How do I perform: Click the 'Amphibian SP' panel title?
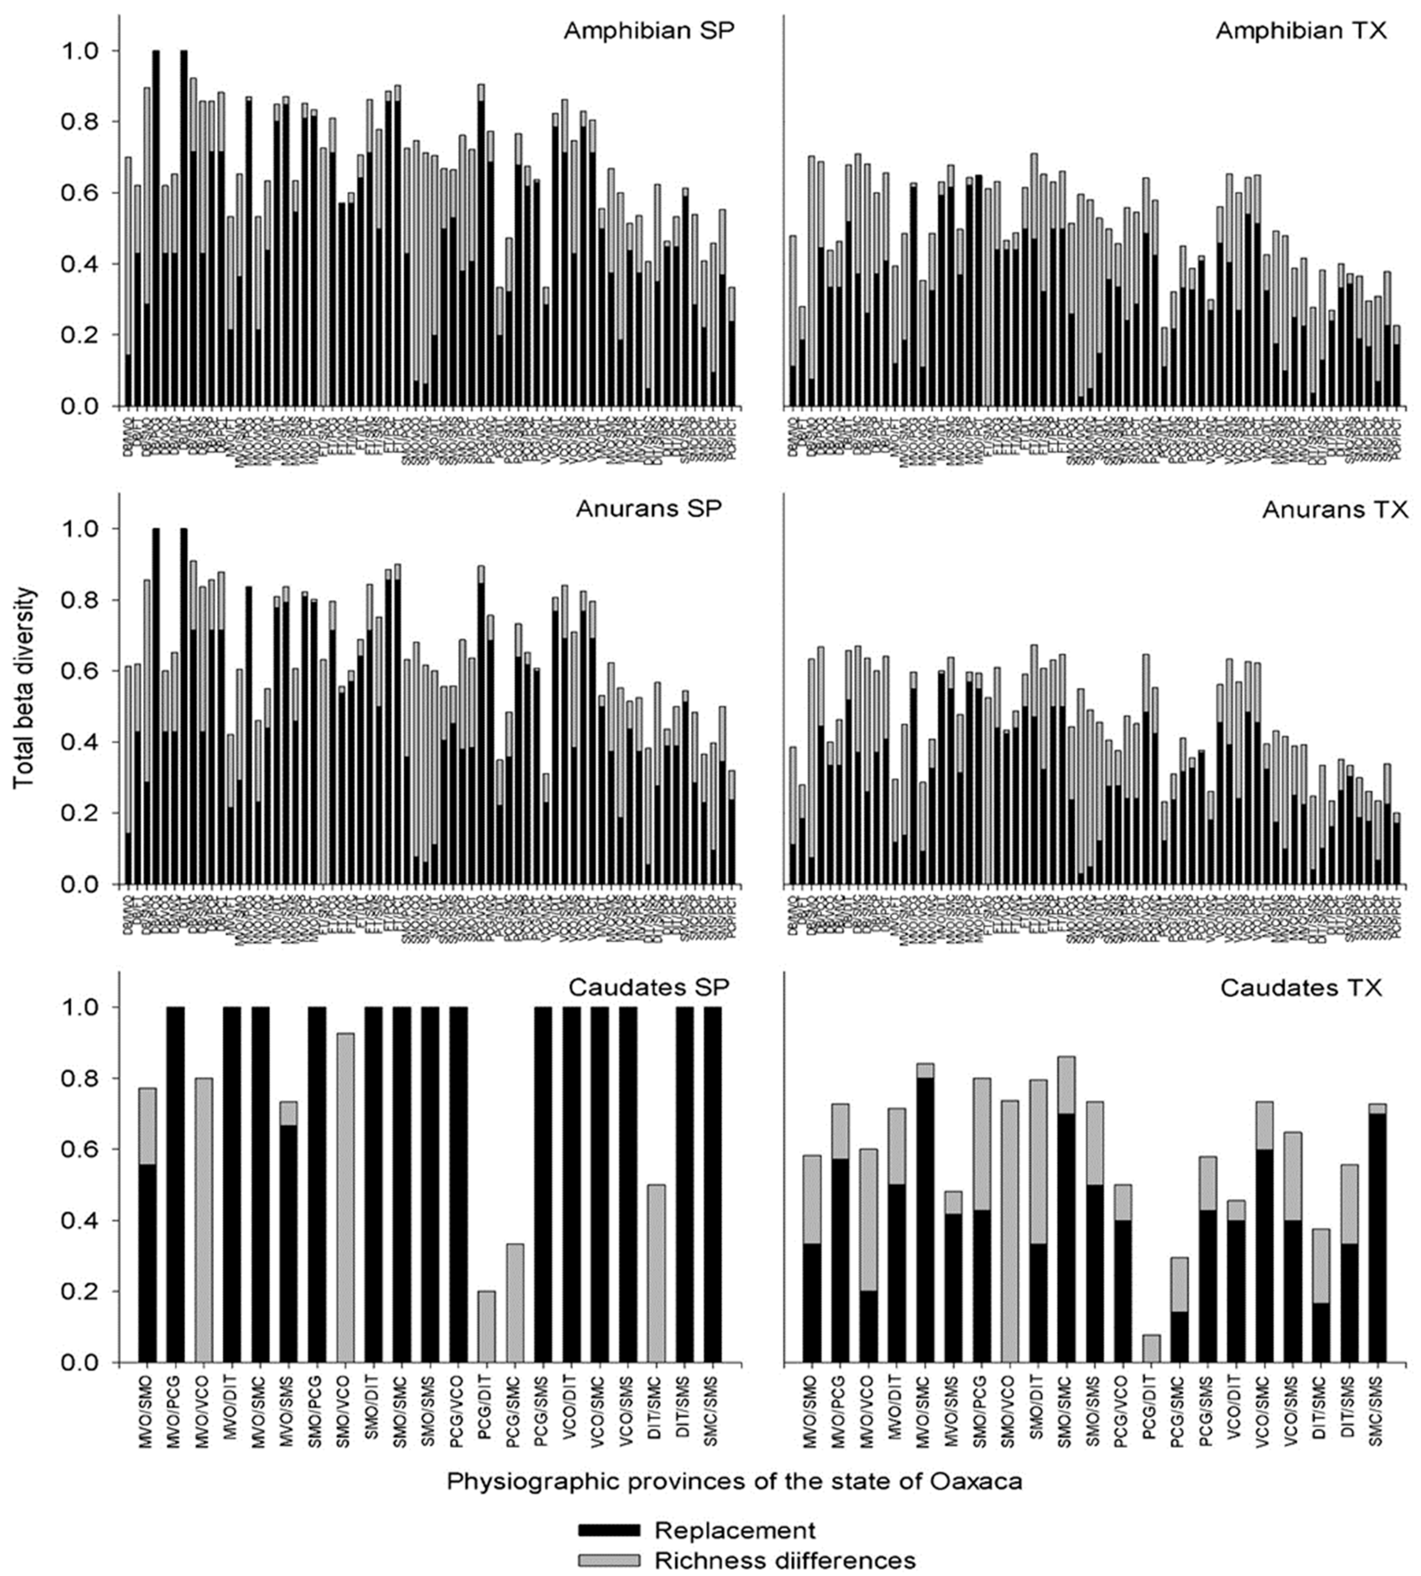click(x=649, y=31)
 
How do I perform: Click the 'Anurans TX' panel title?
click(x=1334, y=510)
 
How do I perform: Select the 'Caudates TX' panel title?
click(x=1301, y=988)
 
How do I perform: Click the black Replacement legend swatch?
click(x=609, y=1530)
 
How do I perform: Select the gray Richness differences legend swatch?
click(x=609, y=1560)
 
